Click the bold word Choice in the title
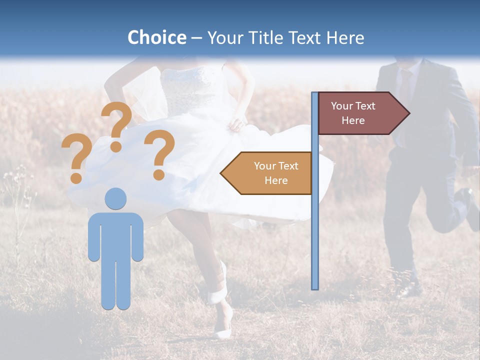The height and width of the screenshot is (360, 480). (x=156, y=37)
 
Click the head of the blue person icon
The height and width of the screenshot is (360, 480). (x=116, y=198)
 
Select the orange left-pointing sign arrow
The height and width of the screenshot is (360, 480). (x=267, y=173)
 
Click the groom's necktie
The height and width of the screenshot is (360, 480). (x=403, y=85)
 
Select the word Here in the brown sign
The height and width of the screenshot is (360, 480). (x=353, y=120)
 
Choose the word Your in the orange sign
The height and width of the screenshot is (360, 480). (x=265, y=166)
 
